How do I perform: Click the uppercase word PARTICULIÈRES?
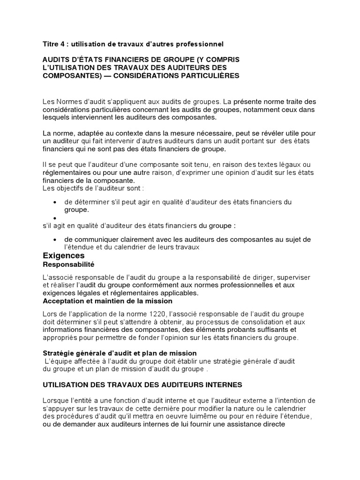[206, 75]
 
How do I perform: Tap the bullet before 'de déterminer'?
[55, 202]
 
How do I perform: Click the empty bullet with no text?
[55, 218]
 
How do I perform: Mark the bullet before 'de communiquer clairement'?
[55, 240]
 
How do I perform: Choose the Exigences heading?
[64, 255]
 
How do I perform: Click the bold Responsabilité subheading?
[68, 264]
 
